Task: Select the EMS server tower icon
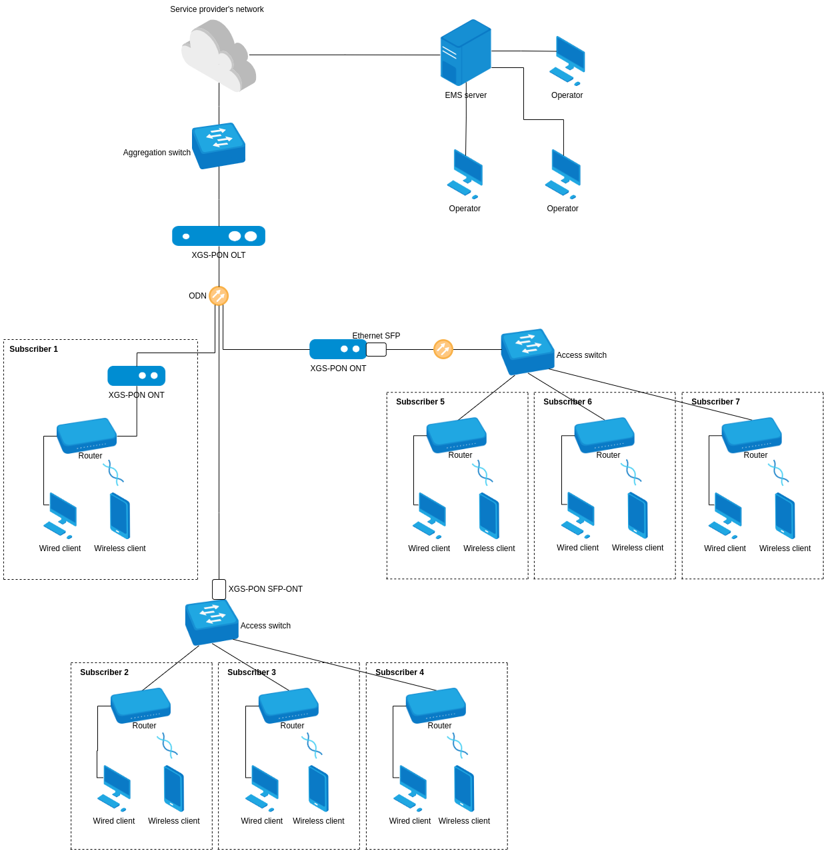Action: (465, 52)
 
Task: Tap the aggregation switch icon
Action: (219, 145)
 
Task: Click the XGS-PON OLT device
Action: (219, 236)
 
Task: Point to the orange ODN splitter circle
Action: (219, 296)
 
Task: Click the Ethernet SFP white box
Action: (376, 349)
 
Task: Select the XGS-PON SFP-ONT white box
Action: (219, 589)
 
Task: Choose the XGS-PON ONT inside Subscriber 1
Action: (136, 376)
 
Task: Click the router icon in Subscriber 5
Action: (457, 434)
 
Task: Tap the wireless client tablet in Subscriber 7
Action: (785, 515)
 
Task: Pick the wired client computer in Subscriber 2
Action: (114, 787)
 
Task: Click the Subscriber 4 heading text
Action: (399, 672)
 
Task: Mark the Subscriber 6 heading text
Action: (567, 402)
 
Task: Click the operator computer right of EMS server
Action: (567, 61)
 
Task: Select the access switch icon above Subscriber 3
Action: (211, 622)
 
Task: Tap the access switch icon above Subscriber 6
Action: (527, 351)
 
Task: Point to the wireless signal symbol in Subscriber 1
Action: (113, 472)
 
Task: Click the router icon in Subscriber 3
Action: (288, 705)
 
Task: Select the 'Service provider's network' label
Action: (217, 9)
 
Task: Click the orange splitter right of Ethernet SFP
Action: (443, 349)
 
